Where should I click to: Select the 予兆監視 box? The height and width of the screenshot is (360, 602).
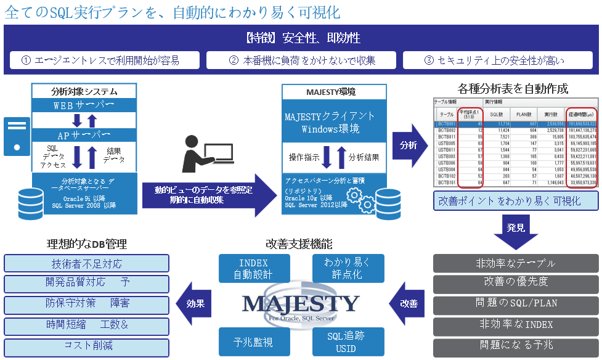(x=245, y=342)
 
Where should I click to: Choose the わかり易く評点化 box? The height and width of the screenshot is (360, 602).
(x=348, y=269)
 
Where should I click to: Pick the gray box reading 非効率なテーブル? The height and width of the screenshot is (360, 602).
(x=516, y=263)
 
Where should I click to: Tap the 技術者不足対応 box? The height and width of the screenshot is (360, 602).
(x=86, y=264)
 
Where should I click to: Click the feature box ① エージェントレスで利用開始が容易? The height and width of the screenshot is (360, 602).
(x=105, y=60)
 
